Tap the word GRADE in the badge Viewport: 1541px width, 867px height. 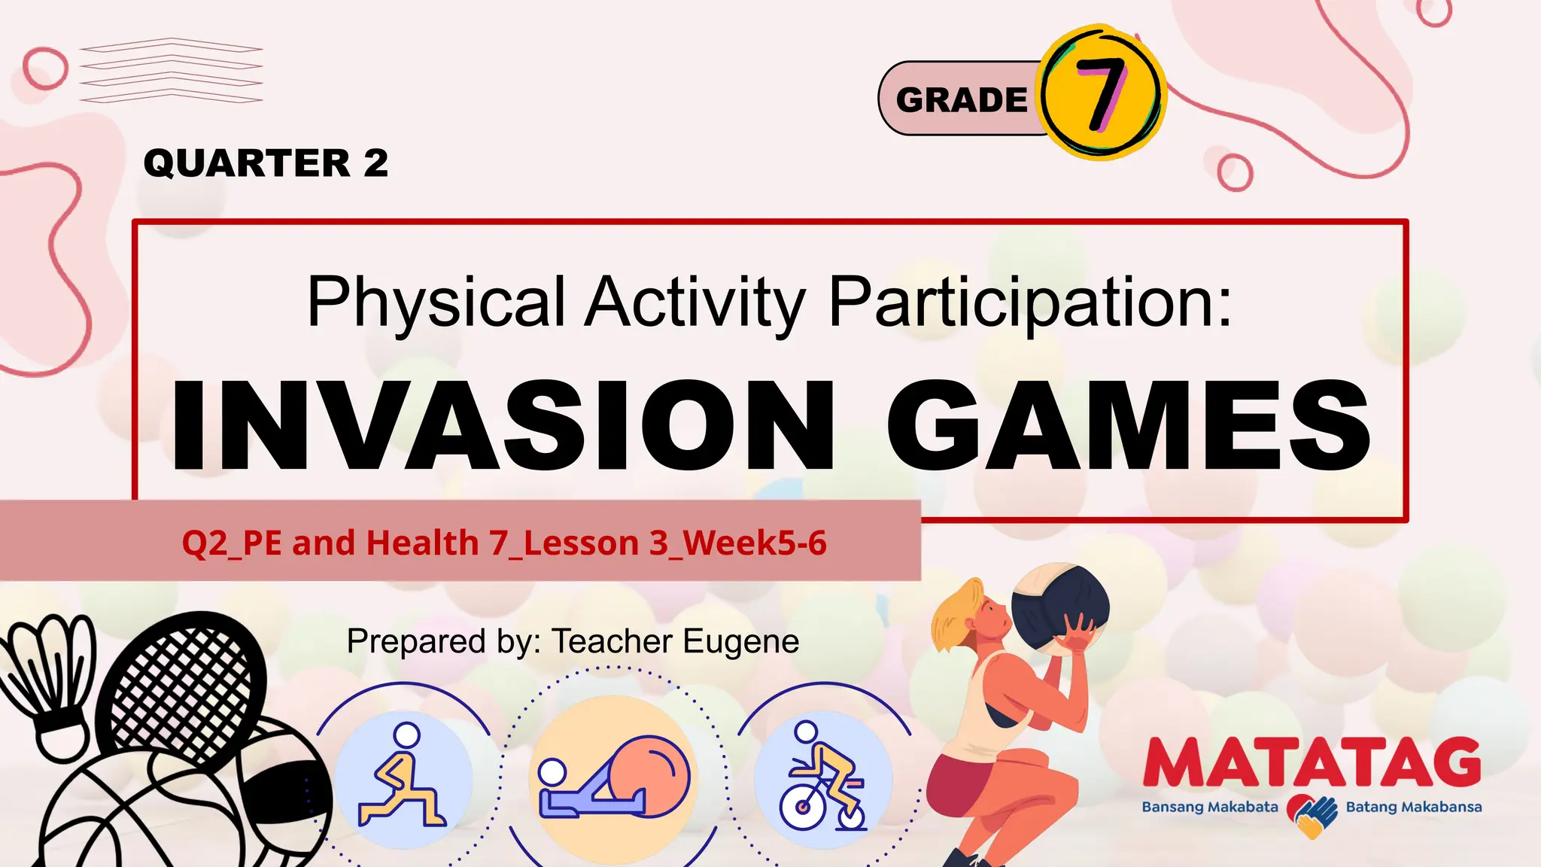click(x=962, y=100)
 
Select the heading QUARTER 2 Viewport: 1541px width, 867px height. click(x=266, y=163)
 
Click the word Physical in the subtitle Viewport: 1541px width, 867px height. click(x=436, y=303)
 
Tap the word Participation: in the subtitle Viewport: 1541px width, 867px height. click(x=1031, y=303)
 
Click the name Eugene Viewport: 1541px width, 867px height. click(x=740, y=642)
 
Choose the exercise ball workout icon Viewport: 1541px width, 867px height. click(x=613, y=779)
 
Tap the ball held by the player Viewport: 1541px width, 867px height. click(x=1059, y=606)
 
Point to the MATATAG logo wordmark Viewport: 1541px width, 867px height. click(x=1312, y=763)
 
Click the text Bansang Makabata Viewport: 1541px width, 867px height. click(x=1210, y=808)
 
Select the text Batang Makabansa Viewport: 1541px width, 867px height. click(x=1414, y=808)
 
